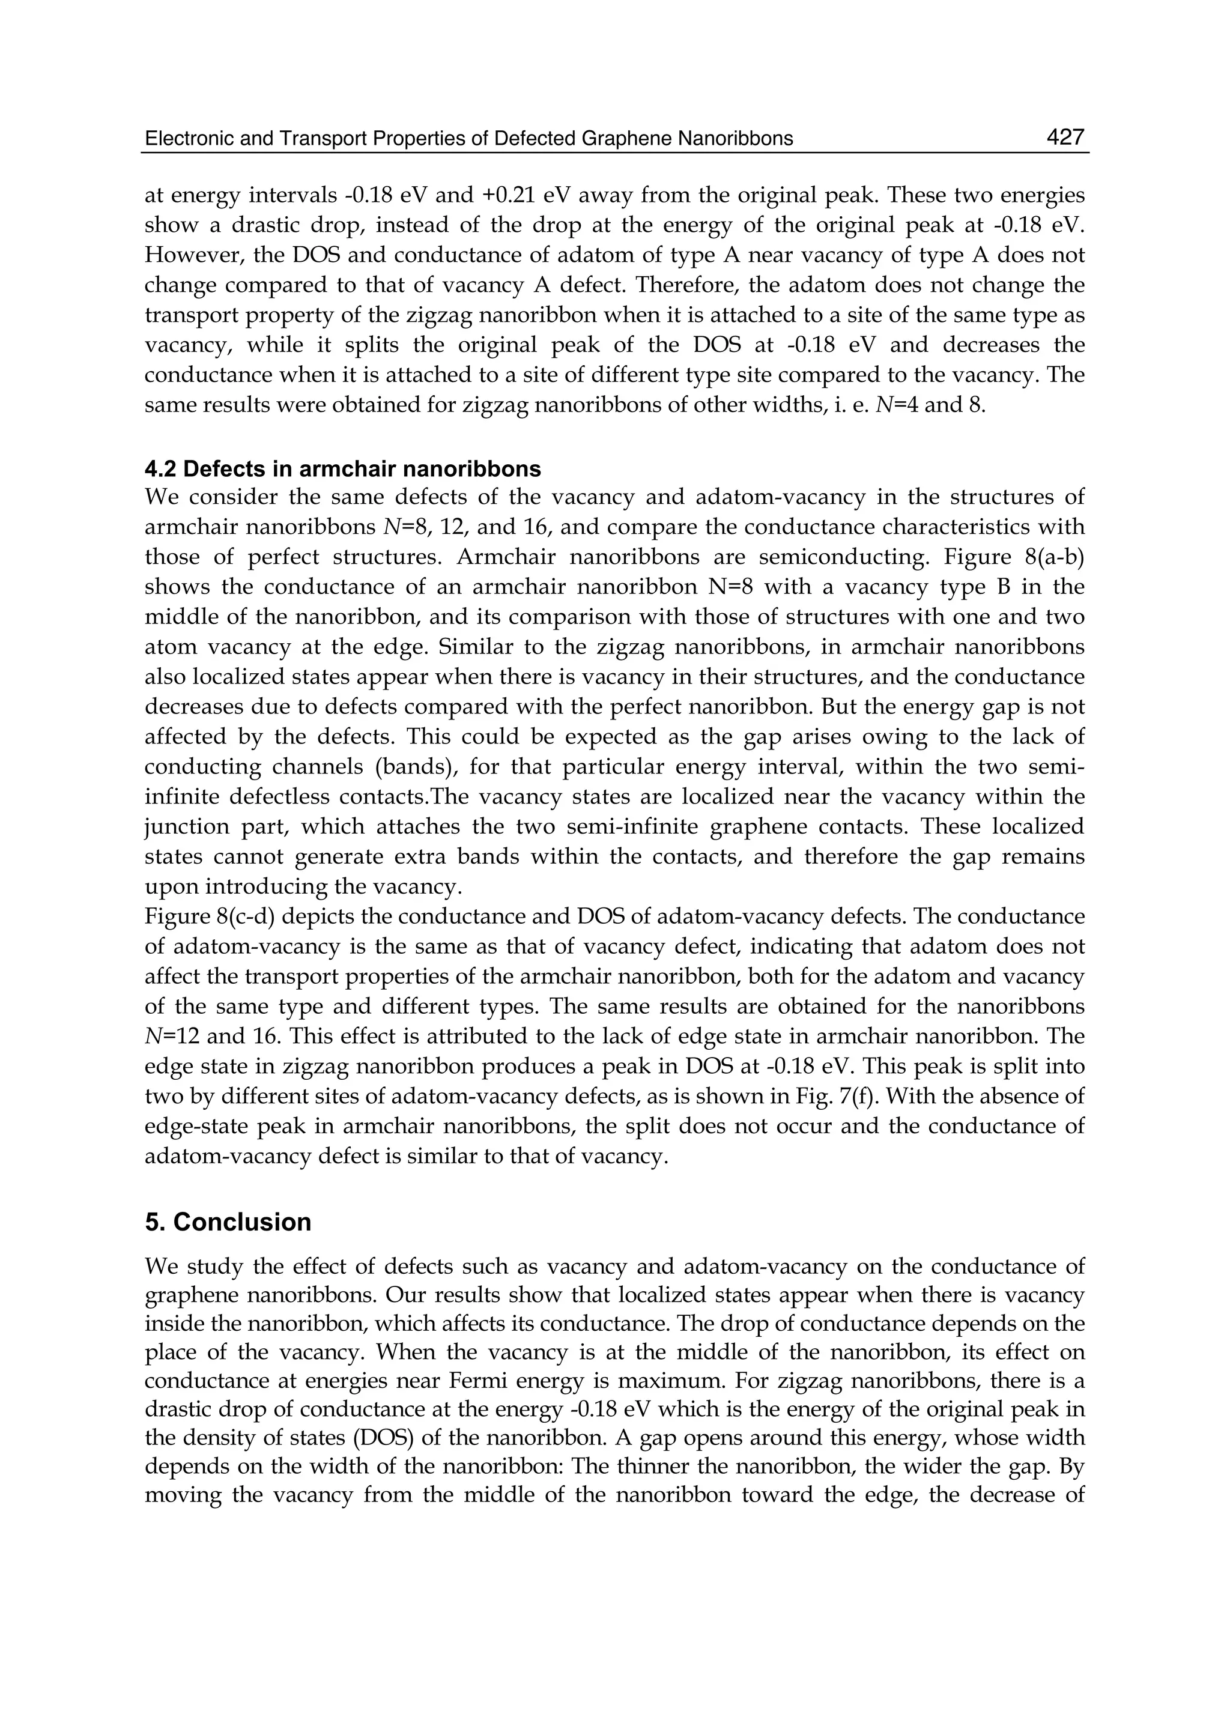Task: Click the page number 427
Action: (x=1065, y=137)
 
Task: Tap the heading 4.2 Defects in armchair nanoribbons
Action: (x=342, y=469)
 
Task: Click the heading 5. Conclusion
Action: (x=228, y=1222)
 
